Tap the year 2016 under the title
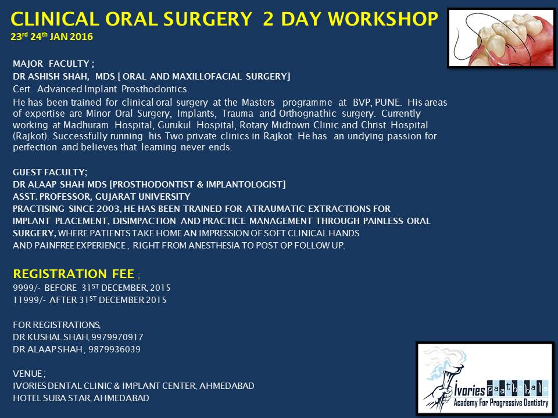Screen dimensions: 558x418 [81, 37]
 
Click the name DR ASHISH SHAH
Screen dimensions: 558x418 [50, 77]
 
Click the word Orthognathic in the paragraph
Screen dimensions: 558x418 [307, 114]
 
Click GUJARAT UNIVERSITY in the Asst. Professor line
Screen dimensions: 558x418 [143, 197]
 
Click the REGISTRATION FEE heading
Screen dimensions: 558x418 [74, 273]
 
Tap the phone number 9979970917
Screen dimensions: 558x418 [117, 337]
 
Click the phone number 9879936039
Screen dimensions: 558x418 [115, 349]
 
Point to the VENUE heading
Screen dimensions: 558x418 [28, 374]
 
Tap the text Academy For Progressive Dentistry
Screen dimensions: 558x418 [500, 402]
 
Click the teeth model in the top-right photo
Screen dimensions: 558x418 [509, 39]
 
